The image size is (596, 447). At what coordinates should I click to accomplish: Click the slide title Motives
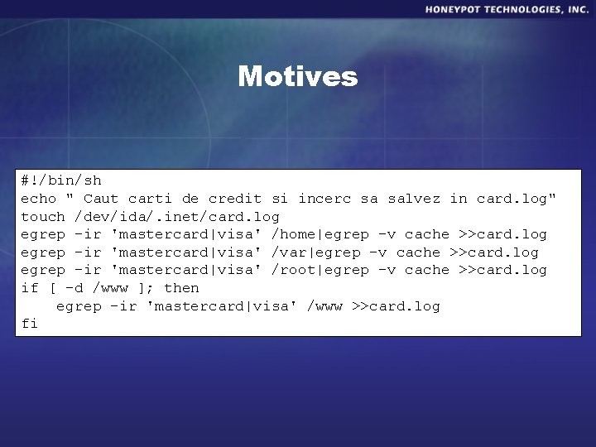coord(298,77)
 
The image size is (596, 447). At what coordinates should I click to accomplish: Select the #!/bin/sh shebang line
coord(61,180)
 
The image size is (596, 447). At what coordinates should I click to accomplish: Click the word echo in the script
coord(38,199)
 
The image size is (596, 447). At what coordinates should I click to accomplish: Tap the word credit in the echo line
coord(234,199)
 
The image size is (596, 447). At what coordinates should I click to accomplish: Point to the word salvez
coord(414,199)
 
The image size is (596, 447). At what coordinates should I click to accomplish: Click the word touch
coord(43,217)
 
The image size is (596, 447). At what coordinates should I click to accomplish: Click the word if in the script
coord(29,288)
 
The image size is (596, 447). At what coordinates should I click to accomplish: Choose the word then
coord(181,288)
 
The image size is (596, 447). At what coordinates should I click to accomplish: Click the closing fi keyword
coord(29,324)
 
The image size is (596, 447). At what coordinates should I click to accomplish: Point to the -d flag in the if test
coord(74,288)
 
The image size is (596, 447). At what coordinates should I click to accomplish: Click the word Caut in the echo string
coord(101,199)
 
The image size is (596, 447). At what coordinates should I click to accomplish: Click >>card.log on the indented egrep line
coord(396,306)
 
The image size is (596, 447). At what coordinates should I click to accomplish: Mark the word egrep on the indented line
coord(78,306)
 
